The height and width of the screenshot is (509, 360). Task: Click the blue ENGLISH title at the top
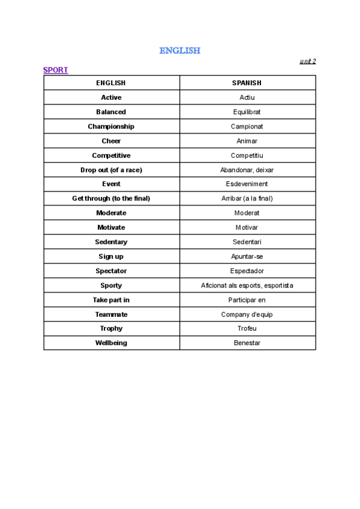coord(179,50)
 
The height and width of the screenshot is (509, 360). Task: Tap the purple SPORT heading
coord(55,70)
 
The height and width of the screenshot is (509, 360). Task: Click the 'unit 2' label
coord(307,61)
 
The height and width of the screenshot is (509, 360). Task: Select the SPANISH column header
coord(247,83)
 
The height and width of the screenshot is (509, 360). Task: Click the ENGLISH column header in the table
coord(111,83)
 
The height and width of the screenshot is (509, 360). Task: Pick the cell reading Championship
coord(111,127)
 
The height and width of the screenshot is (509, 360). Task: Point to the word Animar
coord(247,141)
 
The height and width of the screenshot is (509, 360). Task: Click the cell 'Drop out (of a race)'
coord(111,170)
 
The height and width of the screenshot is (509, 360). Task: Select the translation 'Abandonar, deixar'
coord(247,170)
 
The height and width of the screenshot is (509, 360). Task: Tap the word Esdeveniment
coord(247,184)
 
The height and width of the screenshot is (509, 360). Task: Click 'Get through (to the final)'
coord(111,199)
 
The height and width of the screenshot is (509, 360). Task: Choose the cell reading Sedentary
coord(111,242)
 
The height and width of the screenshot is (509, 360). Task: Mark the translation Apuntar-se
coord(247,256)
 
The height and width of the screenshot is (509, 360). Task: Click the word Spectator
coord(111,271)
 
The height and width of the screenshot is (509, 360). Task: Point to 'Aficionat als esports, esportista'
coord(247,286)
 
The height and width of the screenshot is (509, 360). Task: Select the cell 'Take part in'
coord(111,300)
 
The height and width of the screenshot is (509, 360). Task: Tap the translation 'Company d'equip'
coord(247,315)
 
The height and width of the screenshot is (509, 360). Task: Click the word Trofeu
coord(247,329)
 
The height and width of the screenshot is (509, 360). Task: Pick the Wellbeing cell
coord(111,343)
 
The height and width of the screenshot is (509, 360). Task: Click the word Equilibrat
coord(247,112)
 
